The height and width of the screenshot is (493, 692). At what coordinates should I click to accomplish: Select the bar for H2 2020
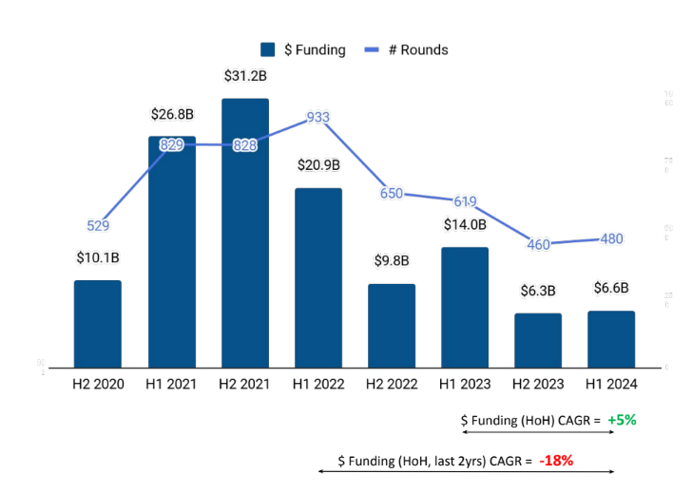tap(98, 324)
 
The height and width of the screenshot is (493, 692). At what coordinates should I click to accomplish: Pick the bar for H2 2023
tap(538, 340)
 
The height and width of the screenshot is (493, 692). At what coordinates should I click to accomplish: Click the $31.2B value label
tap(244, 76)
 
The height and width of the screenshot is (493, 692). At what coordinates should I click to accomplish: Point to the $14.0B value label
tap(465, 225)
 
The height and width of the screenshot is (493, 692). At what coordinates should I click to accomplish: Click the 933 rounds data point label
tap(317, 118)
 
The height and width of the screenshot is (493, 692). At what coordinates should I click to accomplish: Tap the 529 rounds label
tap(98, 226)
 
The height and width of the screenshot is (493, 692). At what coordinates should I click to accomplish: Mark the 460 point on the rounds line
tap(538, 244)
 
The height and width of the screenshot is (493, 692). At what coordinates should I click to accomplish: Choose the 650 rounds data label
tap(391, 194)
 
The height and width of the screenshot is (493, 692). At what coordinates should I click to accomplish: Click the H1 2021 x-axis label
tap(171, 384)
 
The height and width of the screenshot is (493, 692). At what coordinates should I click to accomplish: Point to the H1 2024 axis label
tap(611, 384)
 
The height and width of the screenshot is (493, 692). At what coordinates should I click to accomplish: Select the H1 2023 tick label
tap(465, 384)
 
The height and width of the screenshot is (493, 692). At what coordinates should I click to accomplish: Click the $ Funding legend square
tap(268, 49)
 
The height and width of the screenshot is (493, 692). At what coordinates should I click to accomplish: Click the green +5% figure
tap(622, 420)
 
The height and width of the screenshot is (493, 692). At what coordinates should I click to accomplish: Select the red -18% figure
tap(555, 461)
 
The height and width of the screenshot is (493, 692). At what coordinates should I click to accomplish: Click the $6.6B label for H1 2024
tap(611, 289)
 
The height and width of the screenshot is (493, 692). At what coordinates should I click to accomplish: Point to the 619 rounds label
tap(465, 201)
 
